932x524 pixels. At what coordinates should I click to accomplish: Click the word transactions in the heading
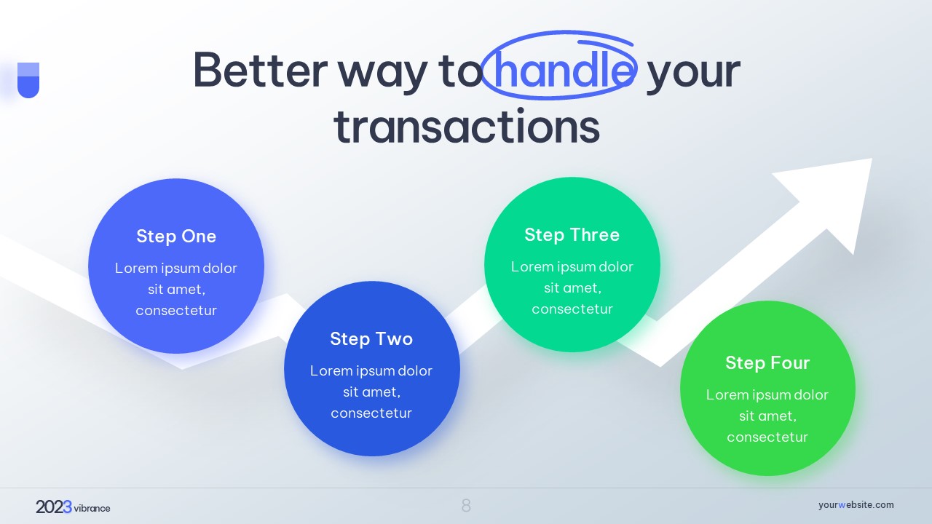click(467, 127)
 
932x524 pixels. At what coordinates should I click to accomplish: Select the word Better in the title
click(261, 69)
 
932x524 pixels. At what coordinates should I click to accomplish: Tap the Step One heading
click(176, 237)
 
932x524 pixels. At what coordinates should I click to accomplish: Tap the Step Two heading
click(371, 339)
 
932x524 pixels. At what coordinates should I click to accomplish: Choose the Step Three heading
click(572, 234)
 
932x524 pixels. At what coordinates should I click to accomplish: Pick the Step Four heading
click(767, 362)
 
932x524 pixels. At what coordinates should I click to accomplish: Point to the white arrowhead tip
click(872, 159)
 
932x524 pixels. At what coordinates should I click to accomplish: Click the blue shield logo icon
click(28, 80)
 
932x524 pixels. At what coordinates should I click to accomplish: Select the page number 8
click(466, 506)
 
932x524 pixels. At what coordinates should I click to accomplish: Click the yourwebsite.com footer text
click(856, 505)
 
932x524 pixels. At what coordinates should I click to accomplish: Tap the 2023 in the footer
click(54, 507)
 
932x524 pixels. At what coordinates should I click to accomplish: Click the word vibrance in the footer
click(92, 508)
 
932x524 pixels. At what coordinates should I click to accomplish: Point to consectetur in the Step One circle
click(176, 311)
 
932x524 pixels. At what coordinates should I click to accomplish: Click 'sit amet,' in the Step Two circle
click(371, 392)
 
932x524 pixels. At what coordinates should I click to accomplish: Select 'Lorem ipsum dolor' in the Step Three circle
click(572, 266)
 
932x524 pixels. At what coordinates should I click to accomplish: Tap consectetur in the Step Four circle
click(767, 437)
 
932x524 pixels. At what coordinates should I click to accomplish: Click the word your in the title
click(693, 74)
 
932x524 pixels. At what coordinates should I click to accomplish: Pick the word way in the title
click(382, 74)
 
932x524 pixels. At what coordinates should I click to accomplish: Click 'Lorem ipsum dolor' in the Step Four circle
click(767, 394)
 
